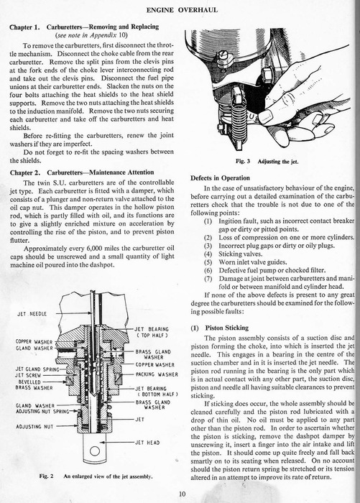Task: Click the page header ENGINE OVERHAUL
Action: coord(182,10)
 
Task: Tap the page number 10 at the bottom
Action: coord(182,494)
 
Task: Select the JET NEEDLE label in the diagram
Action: coord(32,314)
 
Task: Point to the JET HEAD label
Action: coord(147,443)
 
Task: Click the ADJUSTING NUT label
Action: coord(34,427)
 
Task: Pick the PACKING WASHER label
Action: coord(157,374)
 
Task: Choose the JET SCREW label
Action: coord(28,375)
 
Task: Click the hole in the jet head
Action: coord(95,451)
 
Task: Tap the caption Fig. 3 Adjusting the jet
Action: coord(267,162)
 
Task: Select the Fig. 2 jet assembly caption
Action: coord(96,476)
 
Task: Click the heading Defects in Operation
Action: coord(220,178)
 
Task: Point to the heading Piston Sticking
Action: coord(227,328)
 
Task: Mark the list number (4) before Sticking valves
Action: coord(208,254)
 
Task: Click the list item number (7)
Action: coord(208,279)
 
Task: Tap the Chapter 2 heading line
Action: coord(82,172)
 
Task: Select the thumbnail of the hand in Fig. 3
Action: coord(266,116)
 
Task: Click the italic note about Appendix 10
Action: coord(91,35)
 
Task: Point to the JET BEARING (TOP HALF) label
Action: coord(151,332)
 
